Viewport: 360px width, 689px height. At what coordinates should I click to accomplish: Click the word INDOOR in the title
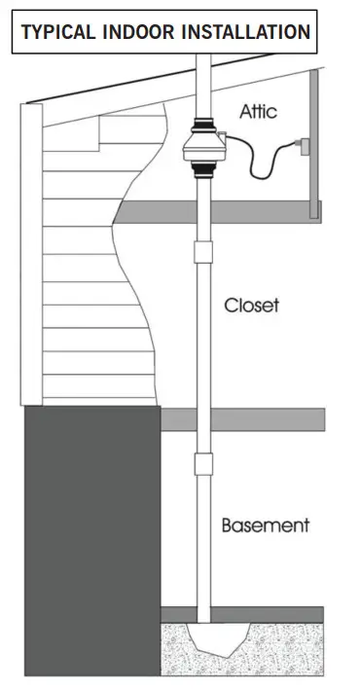130,31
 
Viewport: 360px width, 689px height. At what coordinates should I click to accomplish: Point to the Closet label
251,305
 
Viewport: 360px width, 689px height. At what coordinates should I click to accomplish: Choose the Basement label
265,526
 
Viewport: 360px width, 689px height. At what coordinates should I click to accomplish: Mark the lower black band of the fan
204,174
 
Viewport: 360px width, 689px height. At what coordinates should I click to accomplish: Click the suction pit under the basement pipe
205,641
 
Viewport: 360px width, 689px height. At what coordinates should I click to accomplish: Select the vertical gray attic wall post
313,146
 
